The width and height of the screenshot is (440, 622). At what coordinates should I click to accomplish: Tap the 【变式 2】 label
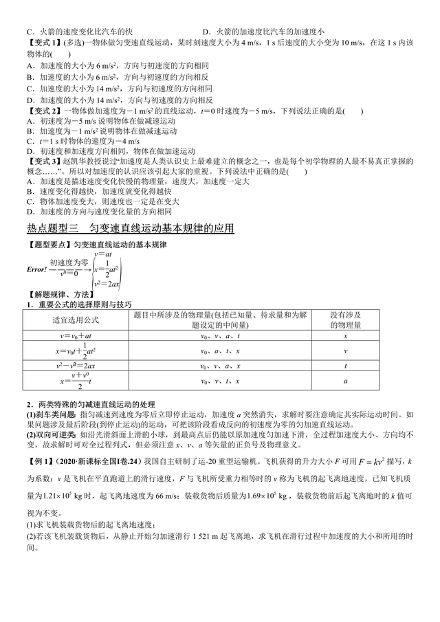[x=43, y=111]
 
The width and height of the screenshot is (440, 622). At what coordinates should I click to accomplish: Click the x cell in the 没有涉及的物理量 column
[x=345, y=337]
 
